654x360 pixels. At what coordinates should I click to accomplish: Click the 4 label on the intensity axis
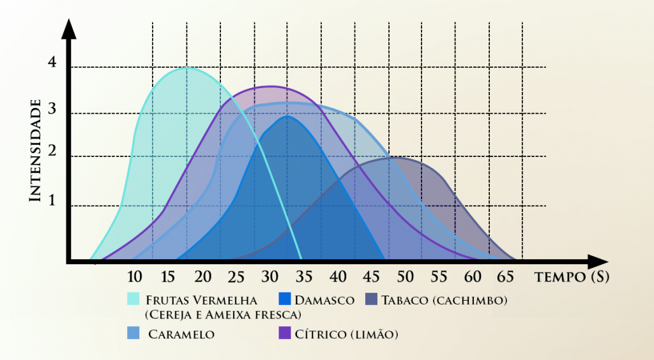point(52,63)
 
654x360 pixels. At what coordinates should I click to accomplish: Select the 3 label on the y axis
point(52,110)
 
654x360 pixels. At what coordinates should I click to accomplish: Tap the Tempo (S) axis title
point(571,277)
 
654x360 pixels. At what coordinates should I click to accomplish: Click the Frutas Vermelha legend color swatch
point(133,299)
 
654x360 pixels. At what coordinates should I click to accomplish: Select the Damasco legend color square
point(285,299)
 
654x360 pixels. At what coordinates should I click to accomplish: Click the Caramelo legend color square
point(133,333)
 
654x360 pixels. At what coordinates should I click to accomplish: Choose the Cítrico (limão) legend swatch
point(285,333)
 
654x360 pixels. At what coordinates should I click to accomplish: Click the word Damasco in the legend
point(325,299)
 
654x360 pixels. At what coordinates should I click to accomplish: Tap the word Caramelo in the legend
point(181,334)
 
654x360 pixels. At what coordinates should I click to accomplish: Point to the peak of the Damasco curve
point(288,116)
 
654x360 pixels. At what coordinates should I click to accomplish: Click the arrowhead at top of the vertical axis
point(70,29)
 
